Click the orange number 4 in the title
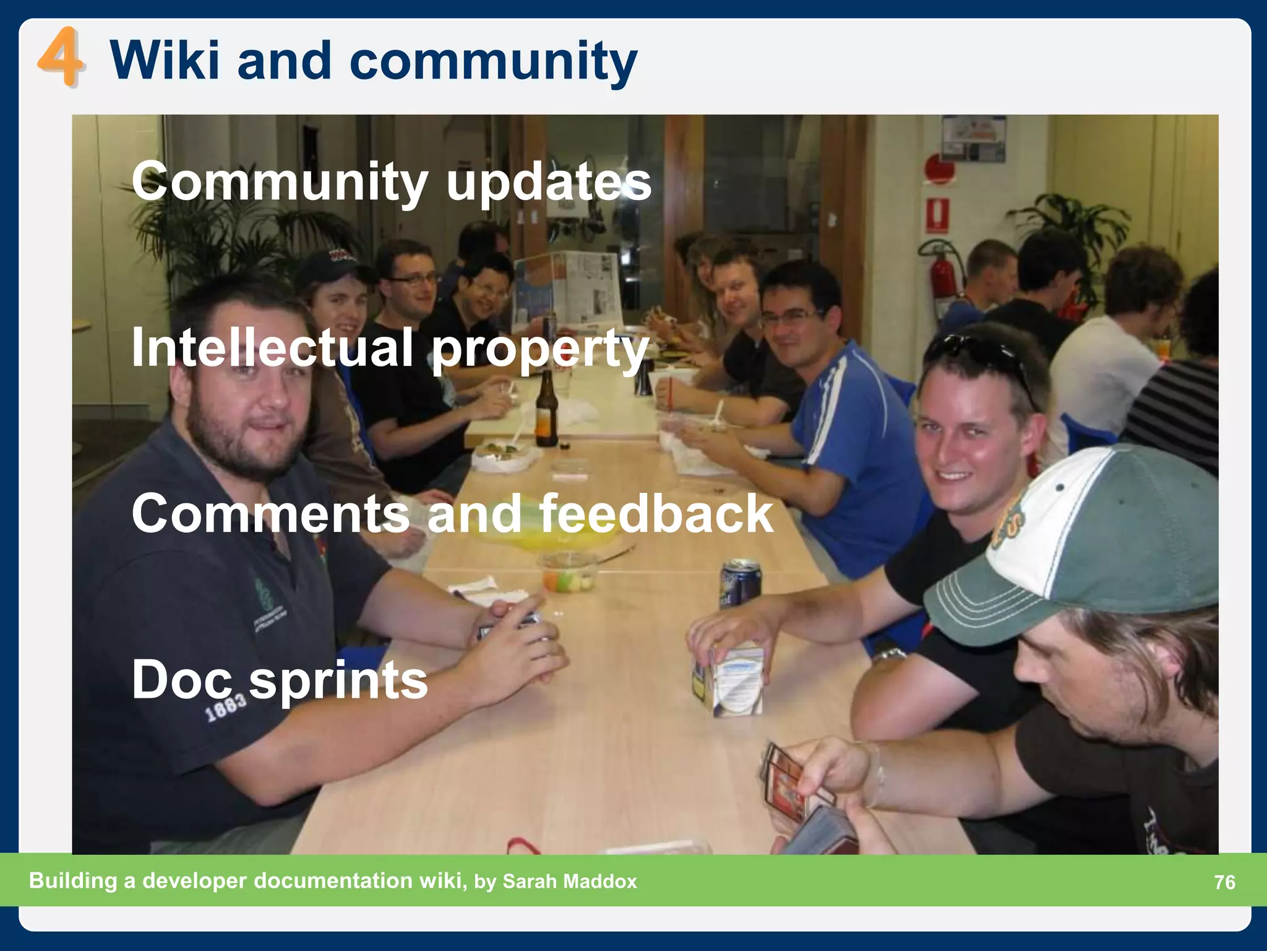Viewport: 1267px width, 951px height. coord(60,60)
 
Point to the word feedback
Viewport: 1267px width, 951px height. coord(656,513)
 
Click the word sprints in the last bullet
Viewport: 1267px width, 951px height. coord(338,679)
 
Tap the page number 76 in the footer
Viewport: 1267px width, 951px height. coord(1224,882)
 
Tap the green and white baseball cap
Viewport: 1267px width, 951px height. coord(1076,545)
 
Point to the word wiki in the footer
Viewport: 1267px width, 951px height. coord(442,880)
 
